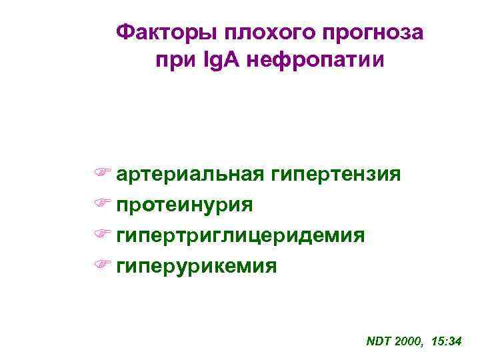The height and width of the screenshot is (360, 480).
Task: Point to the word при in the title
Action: tap(172, 61)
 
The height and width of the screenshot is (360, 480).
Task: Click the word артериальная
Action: tap(191, 175)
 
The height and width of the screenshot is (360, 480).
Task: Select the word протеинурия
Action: tap(185, 205)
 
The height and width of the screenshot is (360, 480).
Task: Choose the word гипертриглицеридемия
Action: tap(240, 235)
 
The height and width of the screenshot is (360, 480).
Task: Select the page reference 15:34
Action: tap(447, 341)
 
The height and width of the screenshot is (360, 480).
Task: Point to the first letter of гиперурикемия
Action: tap(121, 267)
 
